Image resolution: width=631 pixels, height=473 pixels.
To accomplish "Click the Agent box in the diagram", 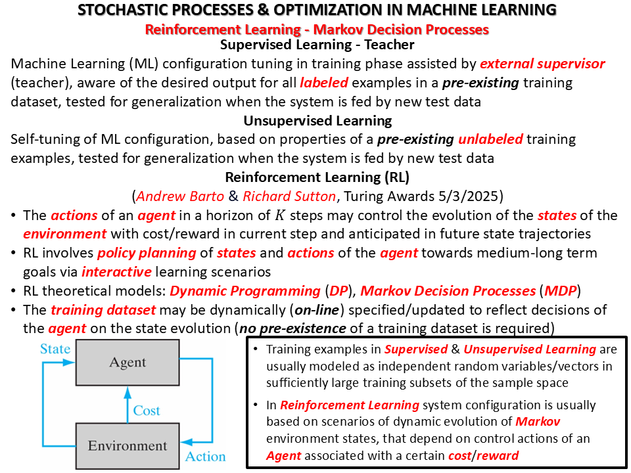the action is (x=128, y=363).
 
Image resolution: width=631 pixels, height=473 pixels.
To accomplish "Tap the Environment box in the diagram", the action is (x=128, y=445).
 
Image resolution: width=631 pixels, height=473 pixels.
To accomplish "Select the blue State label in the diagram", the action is (x=55, y=349).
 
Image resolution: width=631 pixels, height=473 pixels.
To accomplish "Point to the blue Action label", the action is (x=205, y=457).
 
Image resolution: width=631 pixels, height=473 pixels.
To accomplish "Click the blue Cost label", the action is (x=147, y=411).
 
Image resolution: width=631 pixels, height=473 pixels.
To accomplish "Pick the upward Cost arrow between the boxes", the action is (x=128, y=405).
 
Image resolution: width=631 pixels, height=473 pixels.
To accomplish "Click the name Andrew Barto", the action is (x=180, y=196).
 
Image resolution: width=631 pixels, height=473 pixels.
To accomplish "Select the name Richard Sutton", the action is (x=289, y=196).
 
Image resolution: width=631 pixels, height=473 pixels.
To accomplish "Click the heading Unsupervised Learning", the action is (x=317, y=121).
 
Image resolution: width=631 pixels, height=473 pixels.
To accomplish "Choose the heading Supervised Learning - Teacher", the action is (x=317, y=45).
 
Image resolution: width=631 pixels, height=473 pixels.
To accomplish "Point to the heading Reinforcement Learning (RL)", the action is (x=317, y=177).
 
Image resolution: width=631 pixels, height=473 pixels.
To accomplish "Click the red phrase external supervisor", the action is (x=542, y=64).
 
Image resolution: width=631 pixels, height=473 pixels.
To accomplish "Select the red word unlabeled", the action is (x=490, y=139).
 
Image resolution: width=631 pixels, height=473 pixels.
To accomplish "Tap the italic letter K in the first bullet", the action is (x=280, y=215).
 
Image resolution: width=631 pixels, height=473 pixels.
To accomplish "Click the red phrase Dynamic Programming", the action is (x=245, y=291).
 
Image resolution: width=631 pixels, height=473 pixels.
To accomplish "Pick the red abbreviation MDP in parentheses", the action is (x=561, y=291).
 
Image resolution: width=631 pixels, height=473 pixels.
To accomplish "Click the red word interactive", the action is (x=117, y=272).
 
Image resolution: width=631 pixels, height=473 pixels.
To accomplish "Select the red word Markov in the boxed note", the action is (x=538, y=422).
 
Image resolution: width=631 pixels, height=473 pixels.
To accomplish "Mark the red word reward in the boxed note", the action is (x=498, y=456).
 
